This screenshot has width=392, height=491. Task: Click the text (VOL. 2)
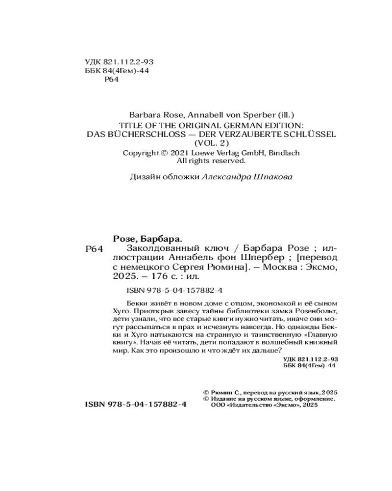coord(211,143)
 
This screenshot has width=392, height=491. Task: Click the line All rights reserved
coord(211,160)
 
